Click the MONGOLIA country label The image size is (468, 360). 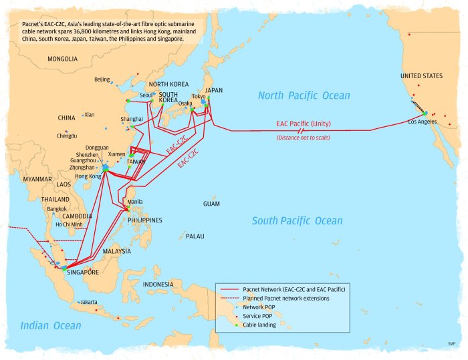coord(63,59)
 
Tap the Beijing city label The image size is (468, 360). coord(102,79)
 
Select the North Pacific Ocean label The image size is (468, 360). coord(304,96)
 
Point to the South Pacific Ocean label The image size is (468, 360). coord(297,221)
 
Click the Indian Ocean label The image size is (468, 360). coord(50,326)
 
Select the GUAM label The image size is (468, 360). coord(211,203)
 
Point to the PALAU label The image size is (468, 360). coord(195,236)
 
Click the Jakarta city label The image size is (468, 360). coord(89,302)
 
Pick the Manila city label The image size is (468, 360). coord(134,201)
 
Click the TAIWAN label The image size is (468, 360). coord(136,162)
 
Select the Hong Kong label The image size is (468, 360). coord(88,176)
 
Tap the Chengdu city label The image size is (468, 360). coord(67,136)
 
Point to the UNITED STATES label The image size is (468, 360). coord(421,76)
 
